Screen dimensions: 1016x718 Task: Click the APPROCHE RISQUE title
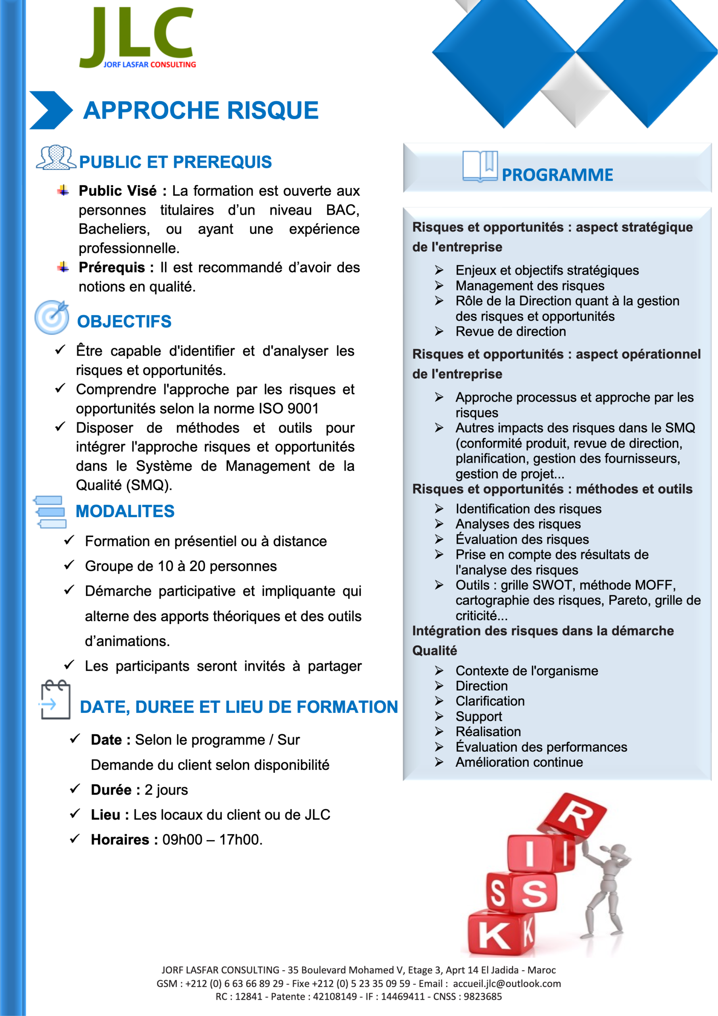click(x=201, y=110)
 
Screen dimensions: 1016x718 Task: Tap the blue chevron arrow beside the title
click(x=50, y=110)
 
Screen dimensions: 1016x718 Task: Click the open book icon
click(x=480, y=167)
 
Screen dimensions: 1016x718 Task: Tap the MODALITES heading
click(x=125, y=512)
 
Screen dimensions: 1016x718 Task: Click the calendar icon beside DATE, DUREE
click(x=55, y=700)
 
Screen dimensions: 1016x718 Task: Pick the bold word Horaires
click(x=120, y=839)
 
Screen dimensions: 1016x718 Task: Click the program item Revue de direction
click(x=511, y=331)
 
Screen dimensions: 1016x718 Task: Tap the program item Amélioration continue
click(x=519, y=762)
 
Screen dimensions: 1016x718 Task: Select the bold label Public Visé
click(x=117, y=191)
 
